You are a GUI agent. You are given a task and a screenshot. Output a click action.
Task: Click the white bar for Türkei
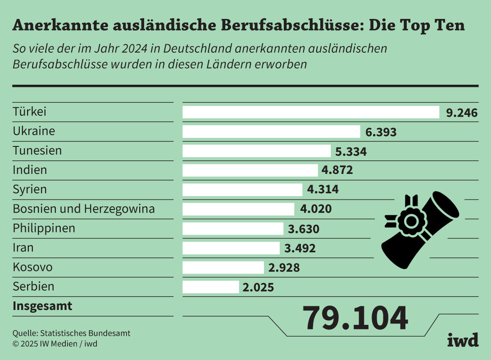[311, 112]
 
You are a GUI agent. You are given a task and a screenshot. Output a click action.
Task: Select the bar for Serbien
[211, 287]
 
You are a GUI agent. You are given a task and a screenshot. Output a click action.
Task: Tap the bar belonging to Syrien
[243, 190]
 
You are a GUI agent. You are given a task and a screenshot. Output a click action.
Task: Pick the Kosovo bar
[223, 268]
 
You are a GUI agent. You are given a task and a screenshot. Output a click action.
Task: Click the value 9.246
[462, 113]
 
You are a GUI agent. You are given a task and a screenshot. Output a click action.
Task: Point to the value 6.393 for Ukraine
[381, 132]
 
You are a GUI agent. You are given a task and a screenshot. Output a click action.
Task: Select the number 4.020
[316, 209]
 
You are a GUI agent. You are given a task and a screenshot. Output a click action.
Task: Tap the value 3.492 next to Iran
[300, 249]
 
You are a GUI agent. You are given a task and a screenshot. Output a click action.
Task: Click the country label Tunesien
[37, 150]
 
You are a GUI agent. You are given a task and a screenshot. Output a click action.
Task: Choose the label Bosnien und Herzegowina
[83, 209]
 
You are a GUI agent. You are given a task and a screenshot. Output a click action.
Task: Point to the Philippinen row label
[44, 228]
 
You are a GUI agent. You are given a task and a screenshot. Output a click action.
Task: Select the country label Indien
[30, 170]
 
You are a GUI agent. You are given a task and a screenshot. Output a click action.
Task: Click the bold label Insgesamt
[42, 306]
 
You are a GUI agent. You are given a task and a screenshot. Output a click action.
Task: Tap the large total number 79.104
[355, 318]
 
